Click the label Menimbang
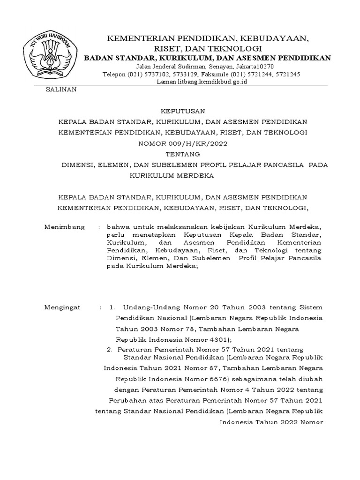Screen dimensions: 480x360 (x=64, y=227)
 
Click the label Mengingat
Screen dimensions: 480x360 (x=62, y=307)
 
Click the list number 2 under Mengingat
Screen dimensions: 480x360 (x=109, y=349)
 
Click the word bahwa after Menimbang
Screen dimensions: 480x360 (x=117, y=227)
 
